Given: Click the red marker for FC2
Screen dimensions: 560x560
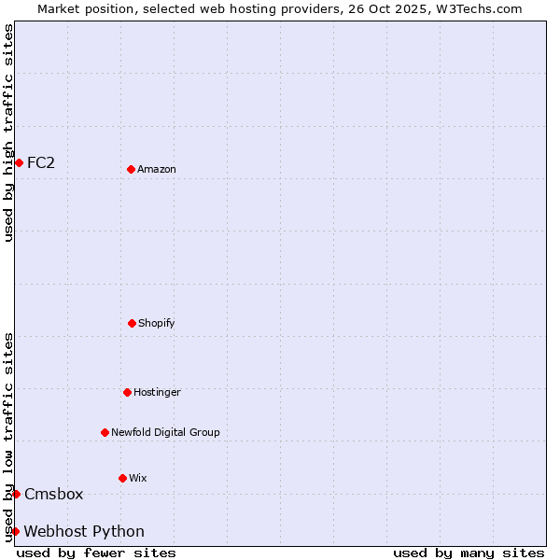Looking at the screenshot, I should (x=19, y=162).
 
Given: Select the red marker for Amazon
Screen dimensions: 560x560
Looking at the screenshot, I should (x=131, y=169).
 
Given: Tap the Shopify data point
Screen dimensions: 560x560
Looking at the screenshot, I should (x=132, y=323).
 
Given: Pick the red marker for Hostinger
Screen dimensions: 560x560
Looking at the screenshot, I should (x=127, y=392).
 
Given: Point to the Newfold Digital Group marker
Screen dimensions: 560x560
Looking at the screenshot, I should (x=105, y=432).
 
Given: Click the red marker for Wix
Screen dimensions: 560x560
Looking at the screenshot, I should (x=122, y=478).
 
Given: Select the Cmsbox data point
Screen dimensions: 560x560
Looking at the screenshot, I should (x=16, y=494).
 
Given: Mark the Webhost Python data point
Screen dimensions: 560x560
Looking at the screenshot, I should (x=15, y=531).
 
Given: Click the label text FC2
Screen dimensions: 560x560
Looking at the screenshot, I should (x=41, y=162).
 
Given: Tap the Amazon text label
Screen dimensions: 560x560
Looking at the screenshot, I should (x=157, y=169).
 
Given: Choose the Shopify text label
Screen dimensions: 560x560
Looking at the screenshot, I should (x=157, y=323).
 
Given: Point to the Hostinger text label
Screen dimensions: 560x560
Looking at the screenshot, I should (x=157, y=392).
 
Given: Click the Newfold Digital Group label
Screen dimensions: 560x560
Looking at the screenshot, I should (x=165, y=432).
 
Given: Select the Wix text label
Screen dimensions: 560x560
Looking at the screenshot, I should (x=138, y=478).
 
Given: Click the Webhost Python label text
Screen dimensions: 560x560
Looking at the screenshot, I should (x=84, y=531).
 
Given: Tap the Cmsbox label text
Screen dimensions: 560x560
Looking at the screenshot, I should (x=54, y=494).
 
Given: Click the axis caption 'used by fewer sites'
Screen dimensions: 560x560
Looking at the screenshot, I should (x=96, y=553).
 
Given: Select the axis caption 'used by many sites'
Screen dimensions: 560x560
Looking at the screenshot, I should (x=469, y=553).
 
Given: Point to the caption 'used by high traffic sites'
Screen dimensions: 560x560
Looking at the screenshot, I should (x=8, y=133).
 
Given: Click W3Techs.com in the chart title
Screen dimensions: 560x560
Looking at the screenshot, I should (x=476, y=8).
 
